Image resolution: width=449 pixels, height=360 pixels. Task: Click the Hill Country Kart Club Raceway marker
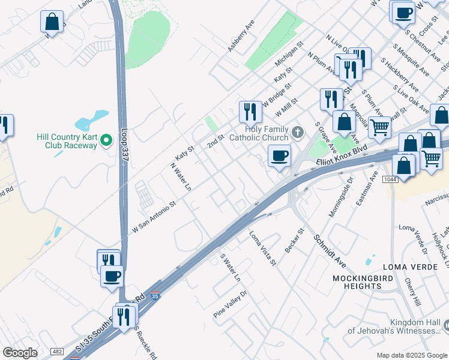click(107, 140)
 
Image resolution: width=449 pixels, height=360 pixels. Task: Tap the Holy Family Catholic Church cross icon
click(298, 131)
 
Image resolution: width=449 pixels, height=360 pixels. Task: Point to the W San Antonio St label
click(154, 218)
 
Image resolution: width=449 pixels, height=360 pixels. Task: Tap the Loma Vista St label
click(262, 248)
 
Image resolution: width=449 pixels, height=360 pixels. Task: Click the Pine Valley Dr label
click(230, 304)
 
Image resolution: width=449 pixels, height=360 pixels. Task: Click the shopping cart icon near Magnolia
click(379, 127)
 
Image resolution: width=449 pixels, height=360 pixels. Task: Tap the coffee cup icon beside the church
click(279, 157)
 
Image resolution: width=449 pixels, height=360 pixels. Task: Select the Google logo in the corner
click(20, 353)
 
